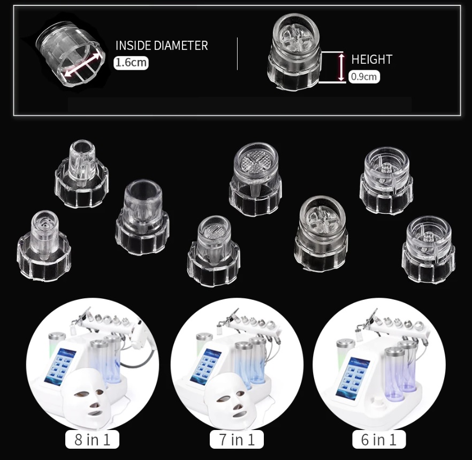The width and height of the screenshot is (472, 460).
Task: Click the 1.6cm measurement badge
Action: pyautogui.click(x=131, y=63)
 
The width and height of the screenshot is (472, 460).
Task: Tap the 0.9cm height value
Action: pyautogui.click(x=364, y=77)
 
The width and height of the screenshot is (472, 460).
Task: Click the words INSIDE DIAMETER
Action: pyautogui.click(x=162, y=46)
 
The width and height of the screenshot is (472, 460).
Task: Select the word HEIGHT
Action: pyautogui.click(x=372, y=59)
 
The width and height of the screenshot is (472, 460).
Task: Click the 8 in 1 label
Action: pyautogui.click(x=92, y=440)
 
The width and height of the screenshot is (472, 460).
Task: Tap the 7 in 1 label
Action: pyautogui.click(x=237, y=440)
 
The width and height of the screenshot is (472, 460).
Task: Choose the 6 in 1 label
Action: pyautogui.click(x=379, y=440)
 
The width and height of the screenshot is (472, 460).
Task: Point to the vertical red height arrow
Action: pyautogui.click(x=341, y=67)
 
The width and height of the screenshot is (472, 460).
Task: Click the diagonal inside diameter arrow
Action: pyautogui.click(x=81, y=64)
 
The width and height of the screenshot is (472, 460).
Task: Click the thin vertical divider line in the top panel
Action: pyautogui.click(x=237, y=54)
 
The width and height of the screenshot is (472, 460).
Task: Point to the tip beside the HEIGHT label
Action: pyautogui.click(x=295, y=52)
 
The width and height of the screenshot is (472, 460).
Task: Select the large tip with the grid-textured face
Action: pyautogui.click(x=256, y=179)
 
